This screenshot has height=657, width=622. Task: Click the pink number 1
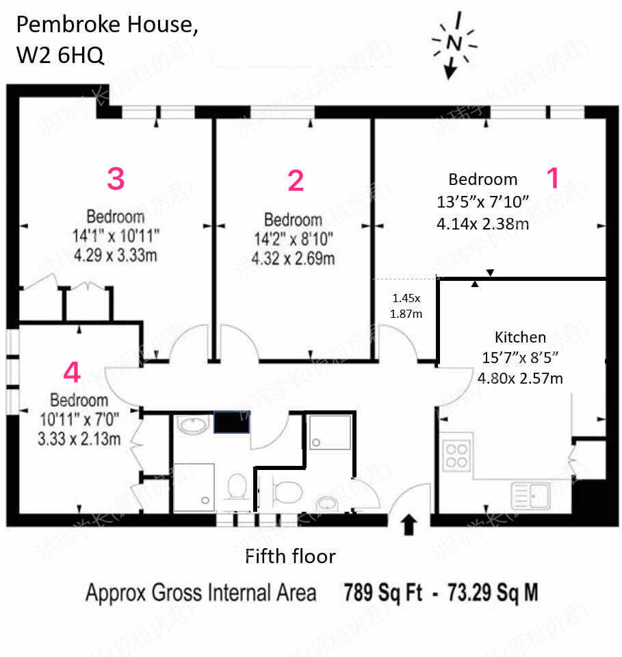click(x=554, y=177)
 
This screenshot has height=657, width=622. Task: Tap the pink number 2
click(x=296, y=181)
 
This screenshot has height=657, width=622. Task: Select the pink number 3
click(x=116, y=179)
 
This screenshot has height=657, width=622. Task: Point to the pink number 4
click(x=72, y=372)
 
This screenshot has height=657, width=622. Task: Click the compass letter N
click(x=454, y=42)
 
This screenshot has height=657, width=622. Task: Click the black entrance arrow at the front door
click(x=409, y=525)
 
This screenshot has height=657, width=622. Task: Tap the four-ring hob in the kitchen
click(x=456, y=456)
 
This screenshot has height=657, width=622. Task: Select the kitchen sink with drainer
click(x=531, y=496)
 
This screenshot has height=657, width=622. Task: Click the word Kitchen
click(x=520, y=337)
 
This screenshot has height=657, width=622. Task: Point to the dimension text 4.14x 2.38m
click(x=482, y=224)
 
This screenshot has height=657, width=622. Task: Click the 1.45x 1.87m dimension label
click(x=406, y=306)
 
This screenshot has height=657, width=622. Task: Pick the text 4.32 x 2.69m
click(x=293, y=258)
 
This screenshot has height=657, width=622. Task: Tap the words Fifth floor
click(x=290, y=556)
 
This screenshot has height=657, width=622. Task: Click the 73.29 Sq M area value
click(x=493, y=593)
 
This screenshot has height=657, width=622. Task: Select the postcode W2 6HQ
click(x=60, y=55)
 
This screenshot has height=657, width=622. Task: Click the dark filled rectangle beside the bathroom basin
click(x=232, y=422)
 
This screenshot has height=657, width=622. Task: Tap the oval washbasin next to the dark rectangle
click(x=193, y=425)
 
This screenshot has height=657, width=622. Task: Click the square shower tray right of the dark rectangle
click(x=330, y=432)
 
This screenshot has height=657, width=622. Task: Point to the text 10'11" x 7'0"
click(x=79, y=419)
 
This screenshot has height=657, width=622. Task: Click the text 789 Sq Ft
click(x=383, y=593)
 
